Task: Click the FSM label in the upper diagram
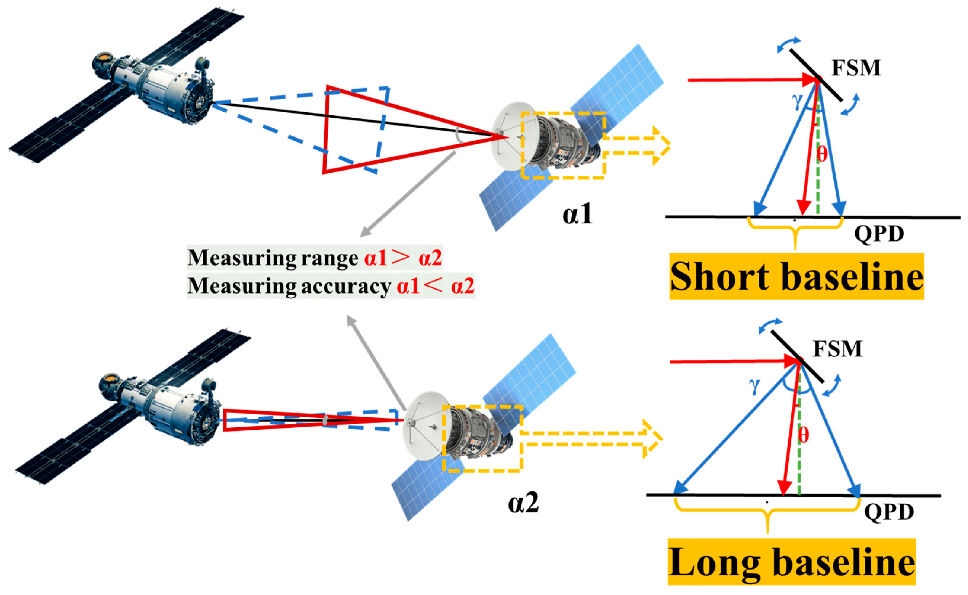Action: tap(855, 68)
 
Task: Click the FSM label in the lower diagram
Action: tap(838, 349)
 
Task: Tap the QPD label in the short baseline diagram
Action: tap(879, 234)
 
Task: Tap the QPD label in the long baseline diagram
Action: tap(889, 512)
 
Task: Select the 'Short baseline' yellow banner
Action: tap(796, 276)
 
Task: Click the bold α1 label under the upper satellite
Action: tap(577, 215)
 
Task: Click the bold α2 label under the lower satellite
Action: tap(523, 503)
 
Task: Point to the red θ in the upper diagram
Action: tap(822, 154)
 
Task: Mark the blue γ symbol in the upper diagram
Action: tap(797, 101)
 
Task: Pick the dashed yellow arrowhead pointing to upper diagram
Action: tap(662, 145)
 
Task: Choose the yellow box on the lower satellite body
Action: tap(482, 438)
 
